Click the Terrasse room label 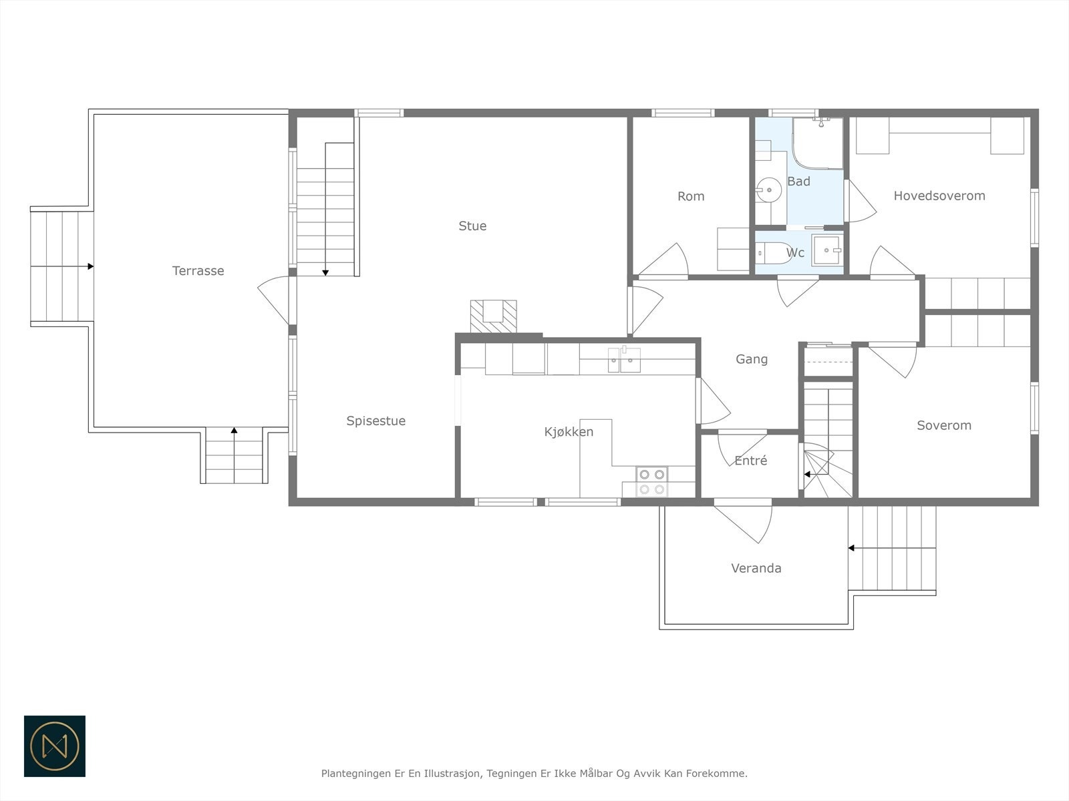[198, 271]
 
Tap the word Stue [472, 226]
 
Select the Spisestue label [376, 421]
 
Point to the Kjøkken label [569, 432]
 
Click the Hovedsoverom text [939, 196]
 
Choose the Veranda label [756, 568]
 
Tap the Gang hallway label [752, 359]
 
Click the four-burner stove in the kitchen [651, 481]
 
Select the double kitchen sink [624, 360]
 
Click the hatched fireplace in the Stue [493, 316]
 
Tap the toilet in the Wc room [774, 253]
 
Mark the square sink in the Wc [827, 250]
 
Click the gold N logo [55, 746]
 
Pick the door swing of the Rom [664, 261]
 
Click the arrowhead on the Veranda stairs [851, 548]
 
